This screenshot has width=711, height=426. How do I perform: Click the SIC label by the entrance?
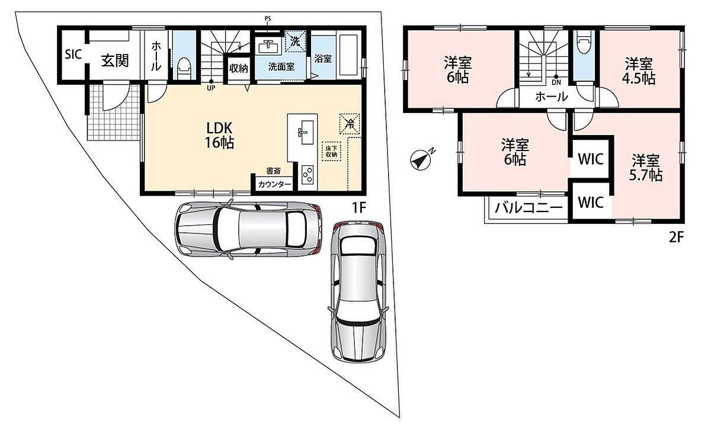(x=73, y=55)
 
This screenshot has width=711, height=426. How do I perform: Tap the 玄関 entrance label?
(x=115, y=60)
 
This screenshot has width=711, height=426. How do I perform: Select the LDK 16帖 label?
(x=219, y=136)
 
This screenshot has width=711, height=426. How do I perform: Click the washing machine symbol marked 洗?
(x=295, y=41)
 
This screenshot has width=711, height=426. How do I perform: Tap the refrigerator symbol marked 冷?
(x=350, y=124)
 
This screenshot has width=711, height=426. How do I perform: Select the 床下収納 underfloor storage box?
(x=331, y=152)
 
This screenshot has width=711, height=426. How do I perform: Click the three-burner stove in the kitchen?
(x=308, y=175)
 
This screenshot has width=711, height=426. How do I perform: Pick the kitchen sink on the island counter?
(x=305, y=132)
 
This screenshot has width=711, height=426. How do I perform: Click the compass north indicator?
(x=422, y=159)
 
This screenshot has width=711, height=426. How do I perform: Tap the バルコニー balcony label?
(x=529, y=208)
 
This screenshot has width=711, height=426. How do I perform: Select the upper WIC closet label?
(x=590, y=159)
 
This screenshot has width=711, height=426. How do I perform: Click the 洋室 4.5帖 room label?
(x=639, y=72)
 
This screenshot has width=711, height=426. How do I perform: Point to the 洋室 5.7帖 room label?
(x=646, y=168)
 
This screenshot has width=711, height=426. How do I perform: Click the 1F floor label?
(x=359, y=208)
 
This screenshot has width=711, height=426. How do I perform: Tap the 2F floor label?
(x=676, y=237)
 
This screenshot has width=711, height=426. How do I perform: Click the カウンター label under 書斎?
(x=274, y=184)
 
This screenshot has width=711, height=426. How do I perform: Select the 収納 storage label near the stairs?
(x=239, y=68)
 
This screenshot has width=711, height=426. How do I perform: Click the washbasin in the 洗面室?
(x=270, y=47)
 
